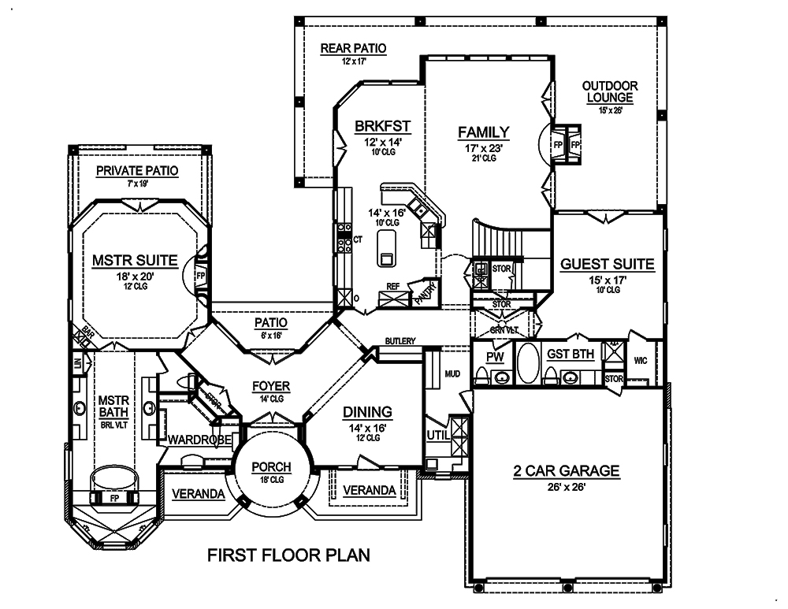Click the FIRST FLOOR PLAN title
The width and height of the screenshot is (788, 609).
click(288, 555)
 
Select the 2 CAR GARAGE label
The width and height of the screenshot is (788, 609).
click(566, 471)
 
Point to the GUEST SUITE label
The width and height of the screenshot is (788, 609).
click(607, 265)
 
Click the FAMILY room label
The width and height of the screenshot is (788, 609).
click(484, 132)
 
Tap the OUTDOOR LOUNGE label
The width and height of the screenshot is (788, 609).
click(609, 91)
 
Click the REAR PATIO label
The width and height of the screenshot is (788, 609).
click(353, 49)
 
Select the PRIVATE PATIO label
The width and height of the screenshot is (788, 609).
click(136, 170)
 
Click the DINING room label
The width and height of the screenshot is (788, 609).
click(367, 411)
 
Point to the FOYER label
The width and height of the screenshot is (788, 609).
click(271, 386)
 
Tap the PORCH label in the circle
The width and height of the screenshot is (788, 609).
click(271, 467)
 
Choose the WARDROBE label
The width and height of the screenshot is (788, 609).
click(198, 439)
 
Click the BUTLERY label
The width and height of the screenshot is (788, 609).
click(400, 341)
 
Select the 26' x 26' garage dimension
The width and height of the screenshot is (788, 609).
click(566, 487)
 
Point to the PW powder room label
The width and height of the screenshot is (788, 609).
click(495, 356)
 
